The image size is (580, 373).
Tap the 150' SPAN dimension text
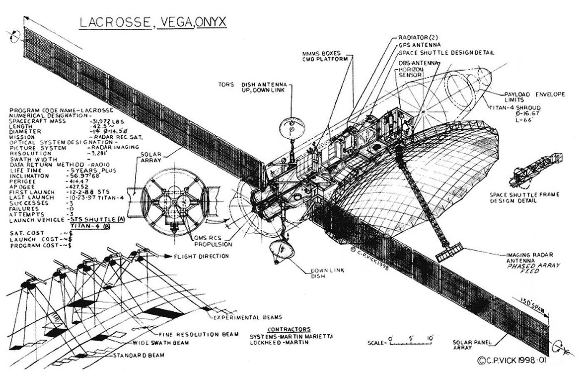532,306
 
